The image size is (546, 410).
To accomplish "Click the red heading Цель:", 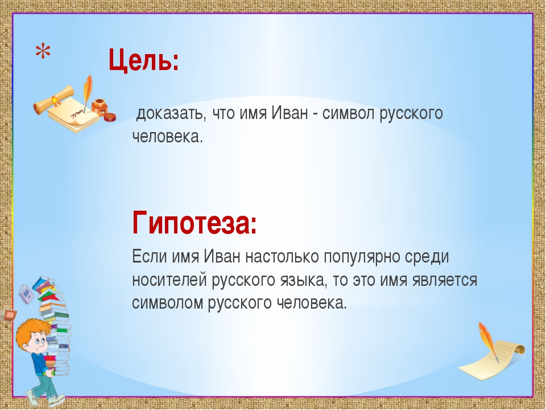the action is [x=144, y=60].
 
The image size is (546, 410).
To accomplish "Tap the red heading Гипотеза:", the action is [x=195, y=223].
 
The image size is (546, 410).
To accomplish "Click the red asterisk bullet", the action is [x=43, y=52].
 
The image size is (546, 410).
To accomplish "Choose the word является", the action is [x=444, y=280].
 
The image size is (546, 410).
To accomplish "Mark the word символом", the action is [x=167, y=304].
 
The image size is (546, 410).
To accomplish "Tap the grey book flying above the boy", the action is [x=27, y=294].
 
